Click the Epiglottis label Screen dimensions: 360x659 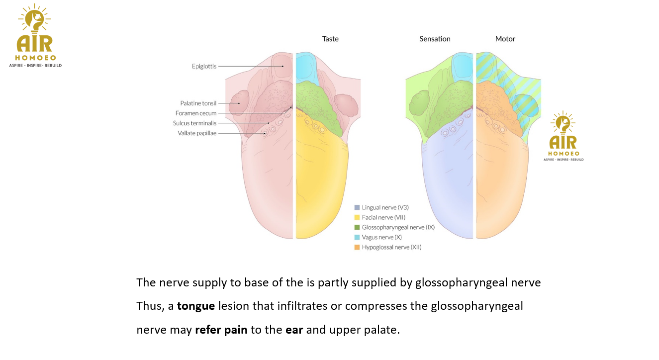204,66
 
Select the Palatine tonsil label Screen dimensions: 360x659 198,103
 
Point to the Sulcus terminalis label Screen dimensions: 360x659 194,123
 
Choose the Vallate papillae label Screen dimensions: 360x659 197,133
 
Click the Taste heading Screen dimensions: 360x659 330,39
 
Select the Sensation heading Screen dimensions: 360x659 435,39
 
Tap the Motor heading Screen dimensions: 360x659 505,39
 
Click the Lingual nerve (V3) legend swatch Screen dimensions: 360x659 357,207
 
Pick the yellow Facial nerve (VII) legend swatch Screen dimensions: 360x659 357,217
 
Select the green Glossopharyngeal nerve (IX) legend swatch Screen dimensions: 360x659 357,227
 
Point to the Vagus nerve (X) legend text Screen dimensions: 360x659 381,237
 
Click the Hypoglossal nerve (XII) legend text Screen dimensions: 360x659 391,247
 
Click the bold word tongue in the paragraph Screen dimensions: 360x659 196,306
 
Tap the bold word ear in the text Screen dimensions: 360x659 294,330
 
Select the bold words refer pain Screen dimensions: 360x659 221,330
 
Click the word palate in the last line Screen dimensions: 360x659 383,330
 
